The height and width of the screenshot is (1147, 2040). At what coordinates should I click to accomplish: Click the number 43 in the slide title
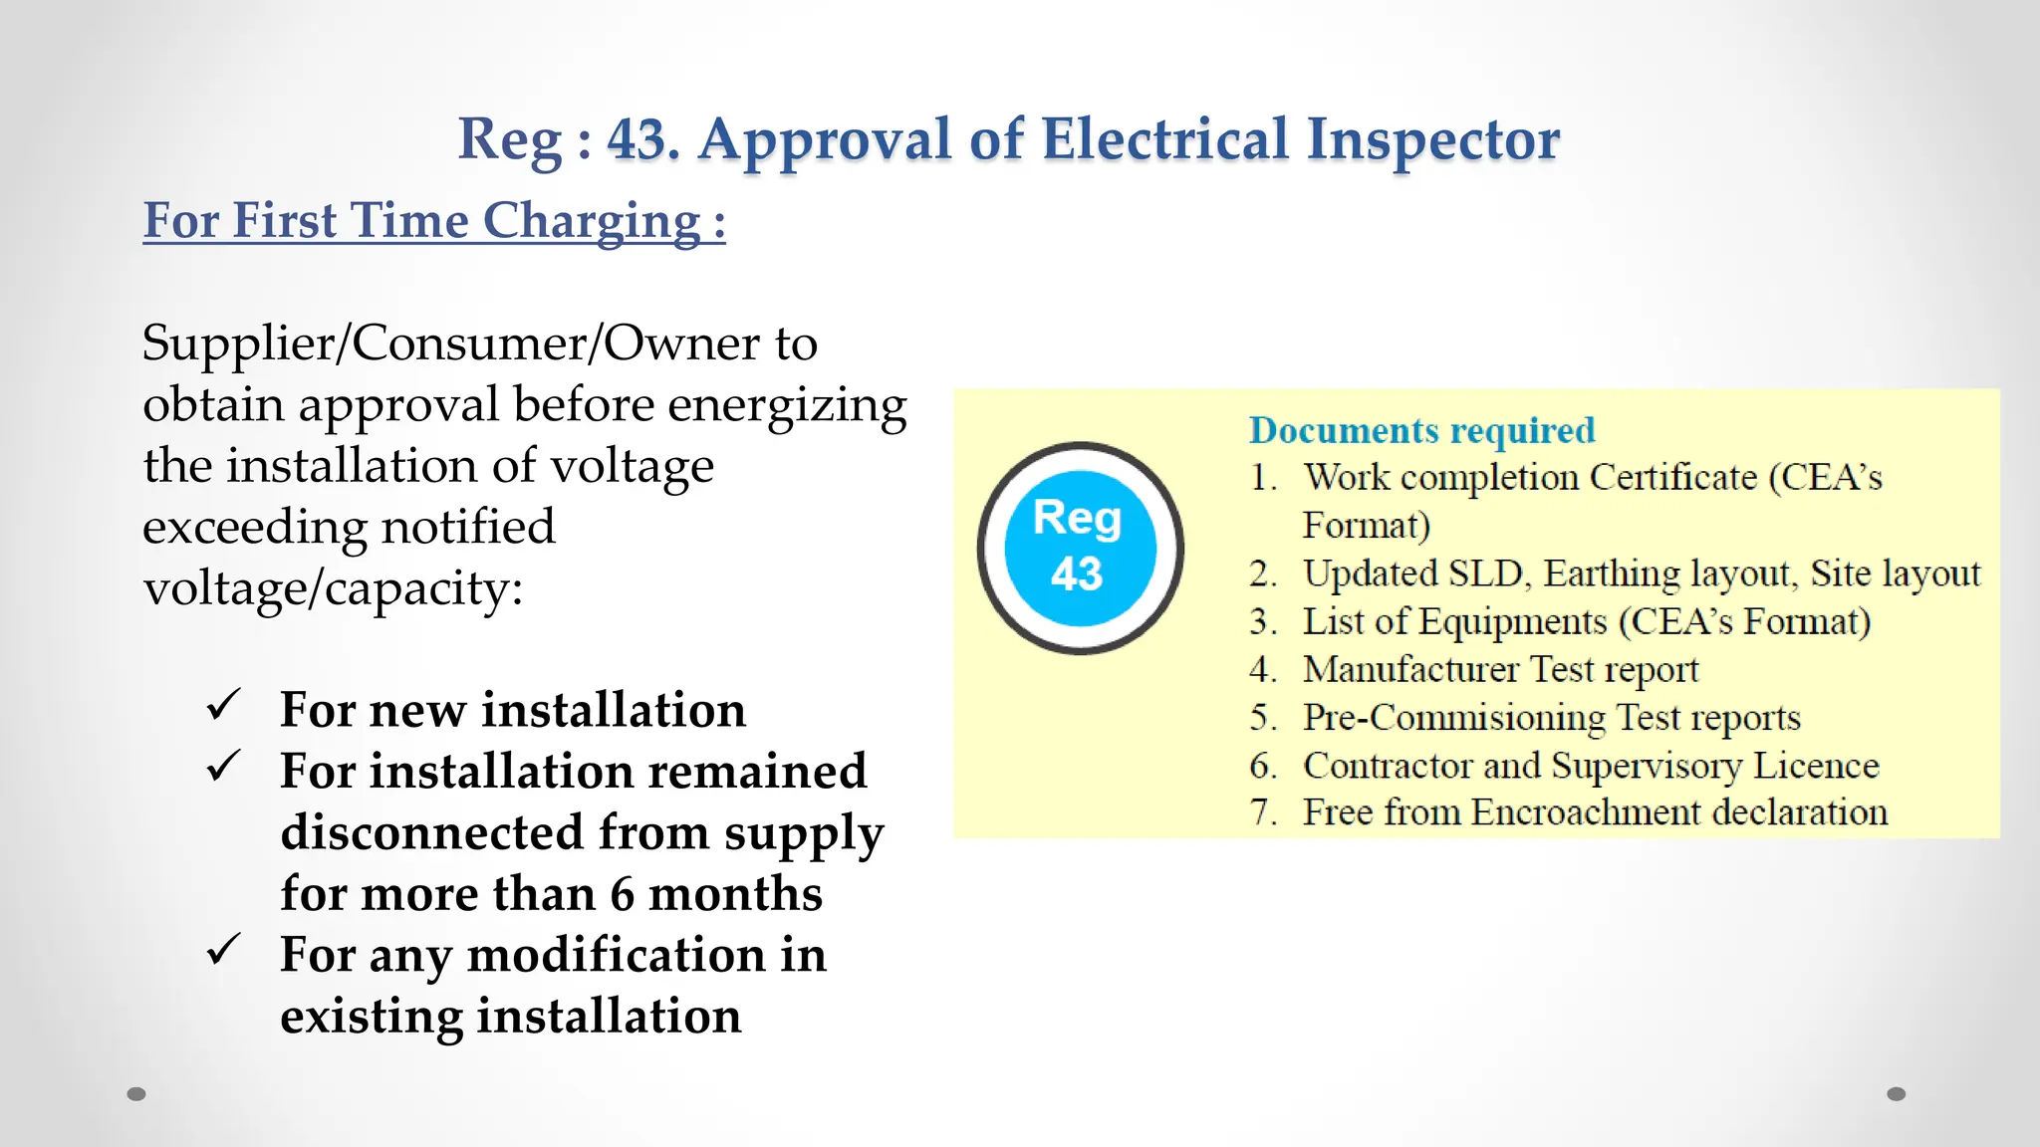click(x=637, y=139)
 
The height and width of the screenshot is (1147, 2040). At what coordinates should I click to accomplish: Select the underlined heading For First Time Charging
click(x=433, y=221)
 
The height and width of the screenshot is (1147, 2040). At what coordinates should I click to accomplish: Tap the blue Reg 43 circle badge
click(x=1081, y=548)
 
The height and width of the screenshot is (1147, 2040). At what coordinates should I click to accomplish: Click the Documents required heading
click(x=1421, y=430)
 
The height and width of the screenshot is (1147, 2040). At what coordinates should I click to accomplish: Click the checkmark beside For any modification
click(x=223, y=950)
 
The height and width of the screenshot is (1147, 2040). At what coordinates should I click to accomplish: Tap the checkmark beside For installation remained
click(x=223, y=767)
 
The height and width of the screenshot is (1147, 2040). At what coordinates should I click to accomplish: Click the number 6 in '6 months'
click(x=622, y=894)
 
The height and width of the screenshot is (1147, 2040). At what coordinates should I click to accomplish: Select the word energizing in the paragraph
click(x=787, y=406)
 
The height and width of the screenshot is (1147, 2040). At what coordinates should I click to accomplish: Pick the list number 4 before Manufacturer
click(x=1262, y=669)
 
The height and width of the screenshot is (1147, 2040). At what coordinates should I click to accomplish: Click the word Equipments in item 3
click(x=1512, y=622)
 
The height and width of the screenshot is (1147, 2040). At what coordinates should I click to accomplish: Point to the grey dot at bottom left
click(x=136, y=1094)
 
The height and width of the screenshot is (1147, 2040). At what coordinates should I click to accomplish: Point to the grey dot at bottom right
click(x=1896, y=1094)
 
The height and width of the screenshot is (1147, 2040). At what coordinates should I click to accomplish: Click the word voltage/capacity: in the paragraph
click(x=333, y=589)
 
